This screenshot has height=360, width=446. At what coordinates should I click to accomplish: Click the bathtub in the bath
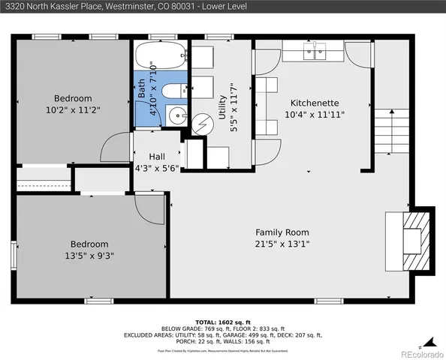click(x=160, y=56)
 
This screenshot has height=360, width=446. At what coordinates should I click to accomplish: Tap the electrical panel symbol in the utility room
click(x=200, y=124)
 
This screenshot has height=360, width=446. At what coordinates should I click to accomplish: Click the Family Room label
click(x=282, y=232)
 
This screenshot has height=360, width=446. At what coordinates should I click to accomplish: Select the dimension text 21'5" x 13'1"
click(x=282, y=244)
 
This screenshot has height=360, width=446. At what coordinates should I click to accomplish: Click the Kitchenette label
click(x=315, y=103)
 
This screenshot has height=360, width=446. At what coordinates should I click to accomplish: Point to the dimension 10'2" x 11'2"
click(x=72, y=109)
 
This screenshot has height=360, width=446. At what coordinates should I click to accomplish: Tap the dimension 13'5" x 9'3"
click(x=89, y=255)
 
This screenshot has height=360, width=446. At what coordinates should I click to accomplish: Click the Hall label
click(x=156, y=156)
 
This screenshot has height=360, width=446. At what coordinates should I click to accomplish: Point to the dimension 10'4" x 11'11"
click(x=315, y=114)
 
